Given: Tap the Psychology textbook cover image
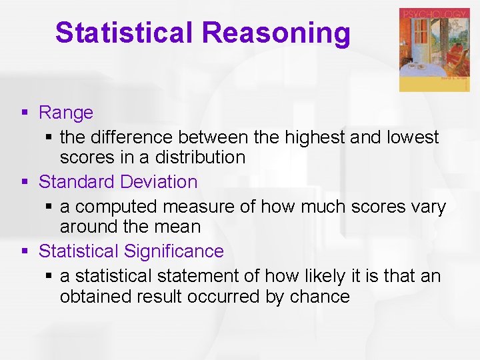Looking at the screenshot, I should [433, 50].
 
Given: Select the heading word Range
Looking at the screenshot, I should [66, 113].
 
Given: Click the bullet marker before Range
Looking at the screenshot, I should [25, 113].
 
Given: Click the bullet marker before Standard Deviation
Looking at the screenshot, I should [25, 182].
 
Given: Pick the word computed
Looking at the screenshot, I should [118, 207].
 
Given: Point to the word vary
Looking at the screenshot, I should [428, 207].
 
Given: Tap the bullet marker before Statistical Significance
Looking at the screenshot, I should [25, 252].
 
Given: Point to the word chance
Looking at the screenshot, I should [319, 296].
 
